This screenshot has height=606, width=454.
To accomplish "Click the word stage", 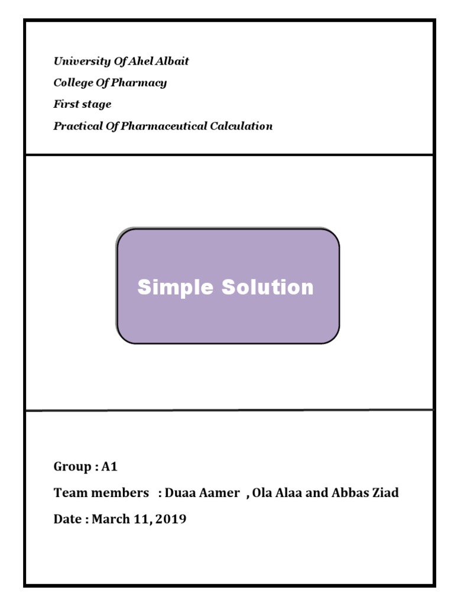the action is pyautogui.click(x=96, y=105).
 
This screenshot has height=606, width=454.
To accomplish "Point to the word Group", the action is pyautogui.click(x=72, y=467).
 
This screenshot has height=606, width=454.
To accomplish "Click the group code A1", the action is pyautogui.click(x=110, y=467).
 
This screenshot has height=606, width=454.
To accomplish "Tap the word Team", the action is pyautogui.click(x=67, y=493).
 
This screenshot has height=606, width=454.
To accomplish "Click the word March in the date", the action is pyautogui.click(x=110, y=520).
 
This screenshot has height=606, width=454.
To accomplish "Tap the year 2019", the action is pyautogui.click(x=171, y=520).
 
